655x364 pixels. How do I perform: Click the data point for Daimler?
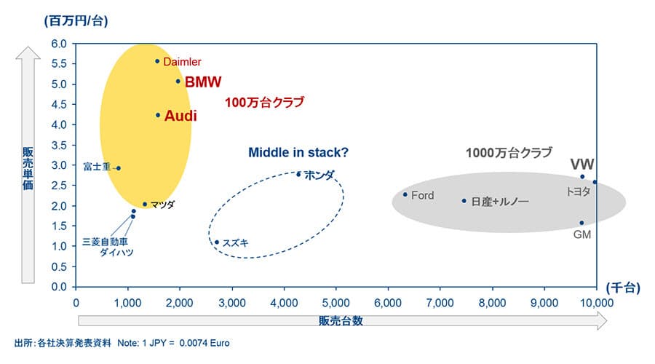coord(157,61)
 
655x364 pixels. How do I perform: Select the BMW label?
coord(203,82)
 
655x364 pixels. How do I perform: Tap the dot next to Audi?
coord(158,115)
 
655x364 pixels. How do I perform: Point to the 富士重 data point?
coord(119,168)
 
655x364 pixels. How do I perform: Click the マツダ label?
coord(162,205)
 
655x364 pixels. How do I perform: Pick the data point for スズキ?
coord(216,242)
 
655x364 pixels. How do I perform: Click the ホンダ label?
coord(319,175)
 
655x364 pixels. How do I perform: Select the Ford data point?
coord(405,194)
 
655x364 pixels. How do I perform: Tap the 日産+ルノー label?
coord(499,202)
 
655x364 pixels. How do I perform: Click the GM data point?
coord(581,223)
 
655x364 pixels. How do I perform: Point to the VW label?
coord(582,165)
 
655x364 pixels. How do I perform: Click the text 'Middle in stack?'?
coord(298,153)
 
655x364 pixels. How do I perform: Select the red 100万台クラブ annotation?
coord(264,102)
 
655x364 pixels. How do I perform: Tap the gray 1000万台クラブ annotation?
coord(509,153)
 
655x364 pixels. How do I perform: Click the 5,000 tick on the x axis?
coord(336,303)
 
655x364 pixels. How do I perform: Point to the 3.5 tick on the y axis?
coord(59,145)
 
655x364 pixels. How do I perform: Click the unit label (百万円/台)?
coord(76,20)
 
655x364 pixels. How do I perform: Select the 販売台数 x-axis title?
coord(341,320)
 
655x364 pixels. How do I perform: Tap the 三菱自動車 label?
coord(105,242)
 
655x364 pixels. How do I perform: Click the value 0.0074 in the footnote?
coord(194,343)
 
